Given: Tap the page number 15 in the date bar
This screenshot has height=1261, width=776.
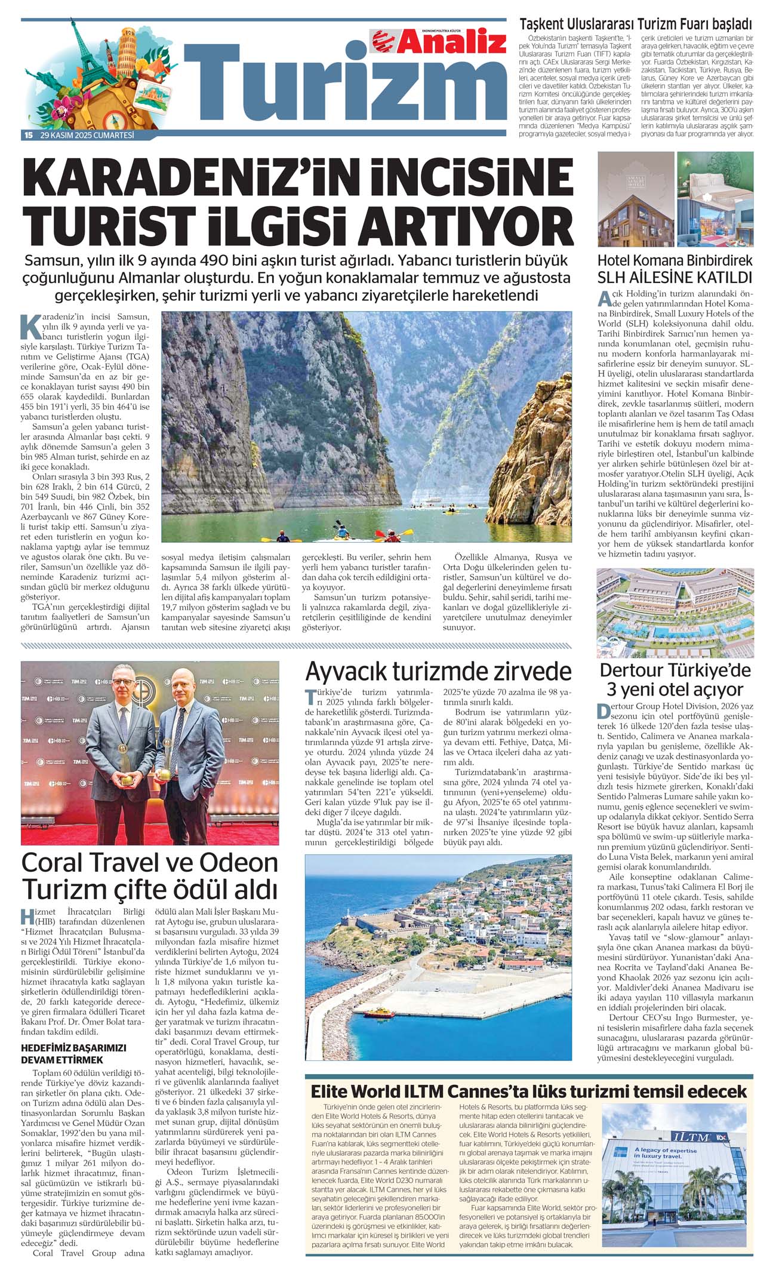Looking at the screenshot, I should (x=27, y=136).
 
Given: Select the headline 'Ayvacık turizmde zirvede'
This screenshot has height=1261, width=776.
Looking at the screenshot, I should (x=438, y=671).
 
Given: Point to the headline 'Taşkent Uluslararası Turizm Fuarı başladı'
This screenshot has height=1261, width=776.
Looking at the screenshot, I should (x=636, y=24).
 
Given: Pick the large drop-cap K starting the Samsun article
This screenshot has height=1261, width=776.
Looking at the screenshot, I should (x=30, y=324).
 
